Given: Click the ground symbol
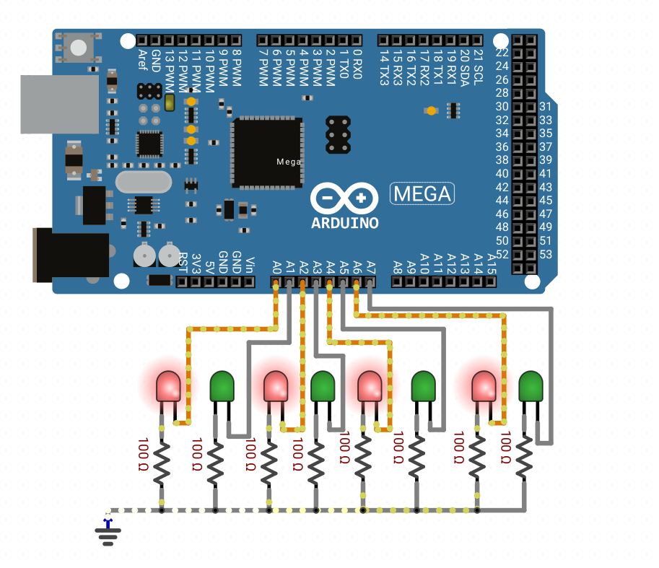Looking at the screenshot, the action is (x=108, y=533).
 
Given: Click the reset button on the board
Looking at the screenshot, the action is (x=78, y=48).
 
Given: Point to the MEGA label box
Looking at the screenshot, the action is (x=422, y=193).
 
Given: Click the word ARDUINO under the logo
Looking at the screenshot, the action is (x=344, y=223).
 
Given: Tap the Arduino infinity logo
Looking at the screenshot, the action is (x=344, y=198).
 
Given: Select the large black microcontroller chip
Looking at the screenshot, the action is (x=267, y=152).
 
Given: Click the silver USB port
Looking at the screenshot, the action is (x=60, y=104).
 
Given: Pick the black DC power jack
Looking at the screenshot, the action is (x=71, y=255).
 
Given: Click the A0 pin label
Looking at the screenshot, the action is (x=276, y=267).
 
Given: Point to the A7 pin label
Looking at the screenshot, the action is (x=371, y=267).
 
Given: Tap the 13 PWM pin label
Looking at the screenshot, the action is (x=170, y=71).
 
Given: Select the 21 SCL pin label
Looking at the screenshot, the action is (x=478, y=67).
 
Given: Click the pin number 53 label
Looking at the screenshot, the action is (x=546, y=254).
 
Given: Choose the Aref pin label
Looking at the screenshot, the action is (x=142, y=60).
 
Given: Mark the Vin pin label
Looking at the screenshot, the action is (x=250, y=266).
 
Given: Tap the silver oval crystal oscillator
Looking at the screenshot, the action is (x=144, y=182).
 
